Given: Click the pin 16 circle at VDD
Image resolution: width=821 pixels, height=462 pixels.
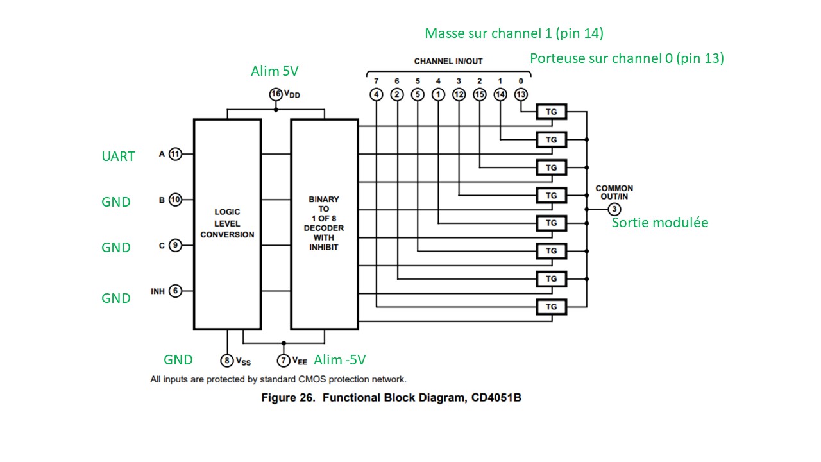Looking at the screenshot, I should click(276, 94).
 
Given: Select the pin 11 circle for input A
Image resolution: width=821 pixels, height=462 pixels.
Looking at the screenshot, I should click(175, 154).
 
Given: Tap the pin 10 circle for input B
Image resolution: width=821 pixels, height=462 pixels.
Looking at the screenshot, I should click(175, 200).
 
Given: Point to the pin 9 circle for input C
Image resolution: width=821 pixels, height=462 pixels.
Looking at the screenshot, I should click(175, 244).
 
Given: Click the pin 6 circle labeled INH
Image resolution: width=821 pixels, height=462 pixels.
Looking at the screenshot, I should click(175, 291).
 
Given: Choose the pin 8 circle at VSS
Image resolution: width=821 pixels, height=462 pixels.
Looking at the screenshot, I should click(226, 361).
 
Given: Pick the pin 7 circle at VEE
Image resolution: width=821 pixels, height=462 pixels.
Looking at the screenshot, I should click(284, 361).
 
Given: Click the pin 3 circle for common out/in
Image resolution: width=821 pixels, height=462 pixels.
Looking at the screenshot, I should click(614, 209).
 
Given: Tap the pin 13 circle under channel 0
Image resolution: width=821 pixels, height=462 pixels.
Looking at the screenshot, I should click(521, 94).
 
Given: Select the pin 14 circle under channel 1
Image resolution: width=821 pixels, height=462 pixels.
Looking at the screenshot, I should click(500, 94).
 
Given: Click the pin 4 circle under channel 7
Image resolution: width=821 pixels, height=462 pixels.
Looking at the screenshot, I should click(376, 94).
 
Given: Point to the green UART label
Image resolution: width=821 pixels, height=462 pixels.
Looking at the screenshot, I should click(118, 156).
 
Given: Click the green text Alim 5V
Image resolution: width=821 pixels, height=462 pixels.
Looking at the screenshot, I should click(275, 71).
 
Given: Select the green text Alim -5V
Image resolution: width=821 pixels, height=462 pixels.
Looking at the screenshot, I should click(339, 359).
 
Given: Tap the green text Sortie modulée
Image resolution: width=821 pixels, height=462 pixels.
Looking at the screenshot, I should click(659, 223).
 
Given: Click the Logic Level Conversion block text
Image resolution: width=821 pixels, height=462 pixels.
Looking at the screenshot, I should click(227, 223).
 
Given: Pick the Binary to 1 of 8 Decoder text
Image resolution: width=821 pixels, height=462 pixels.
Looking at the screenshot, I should click(324, 223).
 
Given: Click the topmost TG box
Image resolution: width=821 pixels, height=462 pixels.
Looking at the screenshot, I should click(551, 112).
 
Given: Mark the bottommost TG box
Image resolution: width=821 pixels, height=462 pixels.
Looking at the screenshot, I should click(551, 307).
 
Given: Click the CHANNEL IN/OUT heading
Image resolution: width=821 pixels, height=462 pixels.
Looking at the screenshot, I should click(448, 61).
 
